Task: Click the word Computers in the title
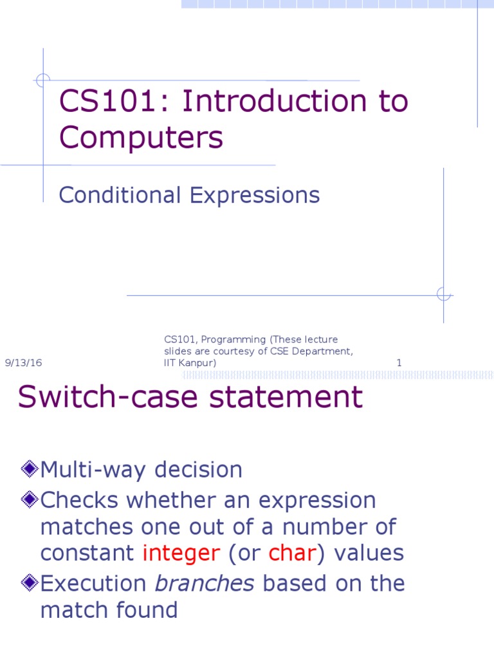[x=141, y=137]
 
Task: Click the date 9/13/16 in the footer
[x=23, y=363]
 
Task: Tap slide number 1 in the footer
[x=399, y=363]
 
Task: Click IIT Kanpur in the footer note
[x=190, y=363]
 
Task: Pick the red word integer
[x=181, y=553]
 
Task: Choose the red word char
[x=289, y=553]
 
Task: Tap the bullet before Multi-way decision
[x=28, y=469]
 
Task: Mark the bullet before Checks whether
[x=28, y=499]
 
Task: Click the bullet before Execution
[x=28, y=583]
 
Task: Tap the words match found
[x=109, y=609]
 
